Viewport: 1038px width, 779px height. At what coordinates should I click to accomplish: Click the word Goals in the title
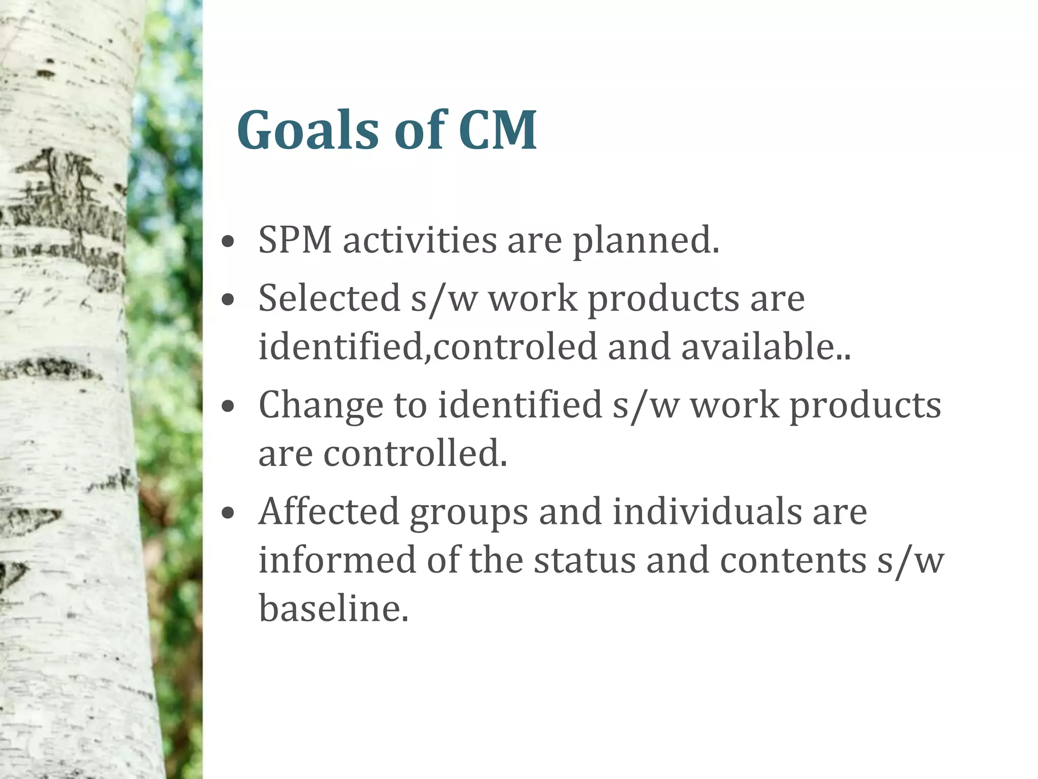(308, 130)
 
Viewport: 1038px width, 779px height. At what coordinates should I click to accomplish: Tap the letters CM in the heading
(497, 130)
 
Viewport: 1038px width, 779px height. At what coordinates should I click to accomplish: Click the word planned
(646, 241)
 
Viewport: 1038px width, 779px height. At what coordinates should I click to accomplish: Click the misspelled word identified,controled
(428, 346)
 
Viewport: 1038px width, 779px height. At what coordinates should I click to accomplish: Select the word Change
(321, 406)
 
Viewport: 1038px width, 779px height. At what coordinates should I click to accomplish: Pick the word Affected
(329, 512)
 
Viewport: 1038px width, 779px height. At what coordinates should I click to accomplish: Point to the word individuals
(707, 512)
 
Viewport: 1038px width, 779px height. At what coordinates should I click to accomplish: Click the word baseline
(333, 608)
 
